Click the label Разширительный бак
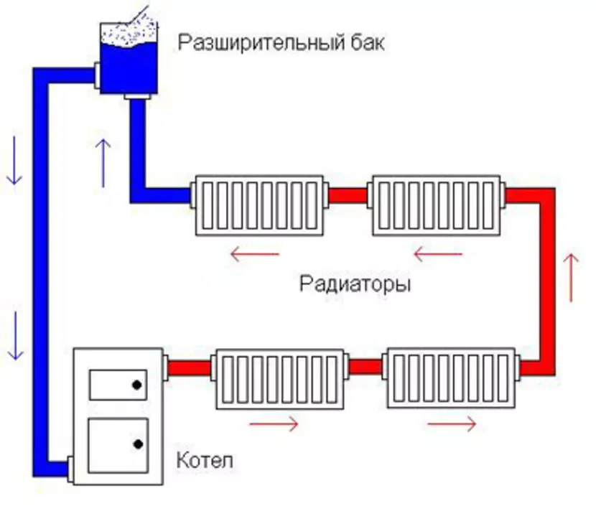pos(281,43)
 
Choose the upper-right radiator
pos(437,205)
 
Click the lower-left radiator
pos(281,378)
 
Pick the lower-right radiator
pos(450,378)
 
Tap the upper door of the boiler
pos(117,384)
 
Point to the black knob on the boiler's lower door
pos(136,444)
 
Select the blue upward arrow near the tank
pos(103,161)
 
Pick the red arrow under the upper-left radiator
pos(254,253)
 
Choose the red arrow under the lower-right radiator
pos(452,424)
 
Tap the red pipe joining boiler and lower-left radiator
pos(190,368)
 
